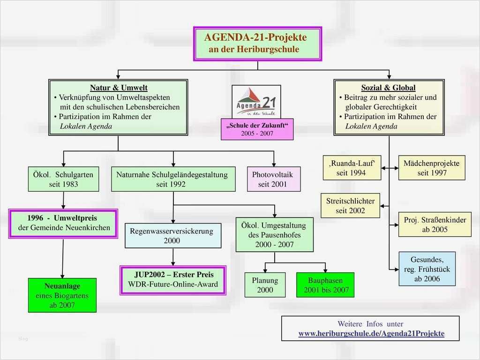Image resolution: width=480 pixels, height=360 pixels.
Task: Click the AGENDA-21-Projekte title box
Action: pos(257,44)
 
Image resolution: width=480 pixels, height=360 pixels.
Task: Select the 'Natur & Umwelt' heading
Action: pos(119,88)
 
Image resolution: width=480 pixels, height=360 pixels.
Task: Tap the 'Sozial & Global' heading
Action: pos(388,88)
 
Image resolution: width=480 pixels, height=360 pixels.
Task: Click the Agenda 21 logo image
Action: pos(256,102)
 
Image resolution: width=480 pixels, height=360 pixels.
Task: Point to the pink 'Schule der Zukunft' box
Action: pos(257,130)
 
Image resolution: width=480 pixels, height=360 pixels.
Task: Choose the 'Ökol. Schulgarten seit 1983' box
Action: pos(63,180)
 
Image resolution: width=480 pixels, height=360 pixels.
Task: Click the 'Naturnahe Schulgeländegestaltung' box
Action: pos(173,180)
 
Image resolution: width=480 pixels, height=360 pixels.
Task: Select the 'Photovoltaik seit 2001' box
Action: pos(274,180)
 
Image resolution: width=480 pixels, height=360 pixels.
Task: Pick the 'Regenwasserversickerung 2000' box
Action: pos(172,236)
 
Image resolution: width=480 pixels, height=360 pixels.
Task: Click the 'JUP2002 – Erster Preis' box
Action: pos(173,279)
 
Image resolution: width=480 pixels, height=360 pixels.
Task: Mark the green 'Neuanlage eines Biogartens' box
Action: pos(62,295)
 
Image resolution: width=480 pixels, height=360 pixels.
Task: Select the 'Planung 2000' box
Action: pos(265,285)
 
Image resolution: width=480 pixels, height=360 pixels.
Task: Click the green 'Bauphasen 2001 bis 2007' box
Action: pos(325,285)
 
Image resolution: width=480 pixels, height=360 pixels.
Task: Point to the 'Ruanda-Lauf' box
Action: pos(352,168)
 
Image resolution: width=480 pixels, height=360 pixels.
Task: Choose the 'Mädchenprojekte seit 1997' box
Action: pos(432,168)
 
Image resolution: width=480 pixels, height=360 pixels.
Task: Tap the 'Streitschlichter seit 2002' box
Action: pos(350,205)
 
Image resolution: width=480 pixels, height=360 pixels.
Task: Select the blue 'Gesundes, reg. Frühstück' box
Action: pos(427,269)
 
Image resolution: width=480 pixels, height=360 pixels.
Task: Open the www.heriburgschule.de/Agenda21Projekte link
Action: pos(371,334)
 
